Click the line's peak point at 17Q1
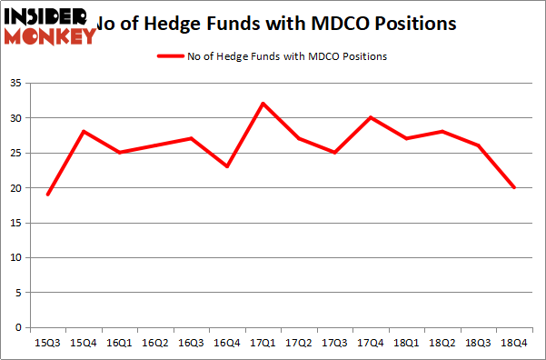[263, 104]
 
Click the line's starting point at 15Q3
[48, 195]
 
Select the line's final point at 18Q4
[514, 187]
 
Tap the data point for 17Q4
[371, 117]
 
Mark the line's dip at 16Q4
[227, 166]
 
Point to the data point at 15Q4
[84, 132]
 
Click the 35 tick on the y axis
[18, 83]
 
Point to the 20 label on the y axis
[18, 187]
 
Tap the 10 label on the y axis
[18, 257]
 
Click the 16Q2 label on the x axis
[155, 345]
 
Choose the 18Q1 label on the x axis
[407, 345]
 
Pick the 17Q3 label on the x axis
[335, 345]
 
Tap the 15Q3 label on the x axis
[48, 345]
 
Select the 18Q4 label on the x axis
[514, 345]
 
